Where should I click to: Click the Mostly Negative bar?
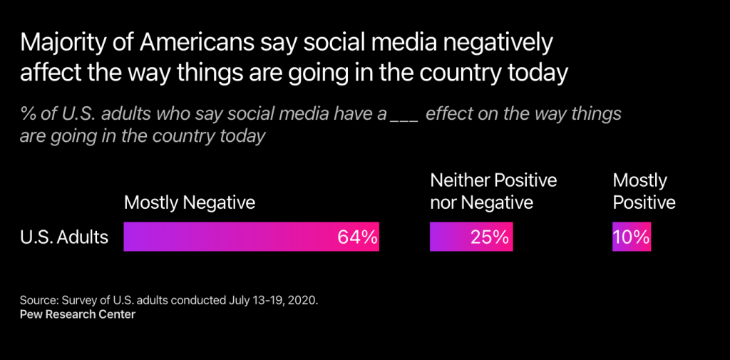click(x=251, y=237)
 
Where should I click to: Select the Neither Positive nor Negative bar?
click(x=471, y=237)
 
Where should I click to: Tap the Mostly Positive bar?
click(x=632, y=237)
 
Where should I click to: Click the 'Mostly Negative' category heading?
click(x=190, y=202)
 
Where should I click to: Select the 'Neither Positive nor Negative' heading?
click(x=493, y=191)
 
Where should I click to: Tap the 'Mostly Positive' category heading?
click(x=644, y=191)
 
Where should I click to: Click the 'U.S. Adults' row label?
click(x=64, y=237)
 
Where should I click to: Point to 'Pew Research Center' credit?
click(x=78, y=314)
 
